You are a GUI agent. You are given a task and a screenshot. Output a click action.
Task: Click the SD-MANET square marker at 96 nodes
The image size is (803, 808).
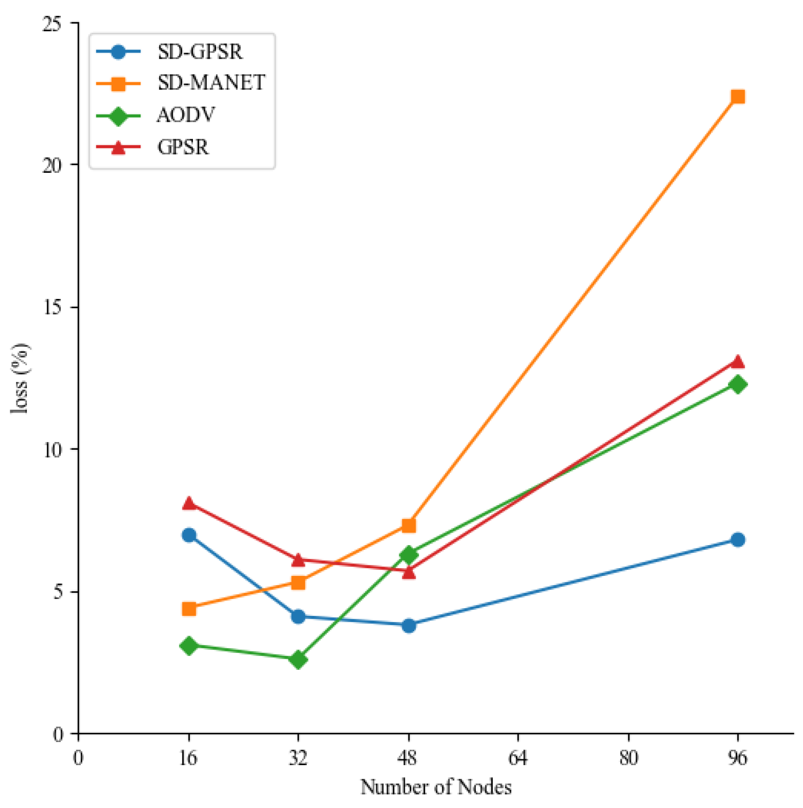(x=737, y=97)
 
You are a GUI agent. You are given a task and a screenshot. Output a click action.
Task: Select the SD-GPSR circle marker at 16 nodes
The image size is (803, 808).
(x=189, y=535)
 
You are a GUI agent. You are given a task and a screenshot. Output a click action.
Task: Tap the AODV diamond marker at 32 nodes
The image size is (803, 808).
(x=298, y=659)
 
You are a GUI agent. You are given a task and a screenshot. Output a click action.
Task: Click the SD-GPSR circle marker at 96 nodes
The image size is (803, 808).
(x=737, y=540)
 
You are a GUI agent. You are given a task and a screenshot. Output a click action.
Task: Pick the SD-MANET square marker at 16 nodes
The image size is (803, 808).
(x=189, y=609)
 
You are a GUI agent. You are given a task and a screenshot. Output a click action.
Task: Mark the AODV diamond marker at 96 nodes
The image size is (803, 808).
(x=737, y=384)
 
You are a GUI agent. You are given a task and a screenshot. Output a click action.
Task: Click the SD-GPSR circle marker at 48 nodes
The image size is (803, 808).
(x=408, y=626)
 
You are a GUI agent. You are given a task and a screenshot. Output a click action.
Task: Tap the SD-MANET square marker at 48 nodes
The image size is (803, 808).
(x=408, y=525)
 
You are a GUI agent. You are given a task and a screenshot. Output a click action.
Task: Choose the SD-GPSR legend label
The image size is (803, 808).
(x=200, y=52)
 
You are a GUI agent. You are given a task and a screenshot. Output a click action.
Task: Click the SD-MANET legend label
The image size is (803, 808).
(x=211, y=83)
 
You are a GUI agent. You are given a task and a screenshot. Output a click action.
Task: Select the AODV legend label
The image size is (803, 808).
(x=186, y=115)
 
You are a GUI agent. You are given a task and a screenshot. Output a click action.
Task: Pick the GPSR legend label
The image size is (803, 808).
(x=183, y=147)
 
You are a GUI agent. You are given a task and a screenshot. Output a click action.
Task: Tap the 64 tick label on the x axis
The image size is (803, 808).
(x=518, y=758)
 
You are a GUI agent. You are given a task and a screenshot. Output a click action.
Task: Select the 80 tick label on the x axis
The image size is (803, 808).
(x=628, y=758)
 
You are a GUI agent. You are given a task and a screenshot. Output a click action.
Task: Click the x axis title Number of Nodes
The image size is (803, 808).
(x=436, y=787)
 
